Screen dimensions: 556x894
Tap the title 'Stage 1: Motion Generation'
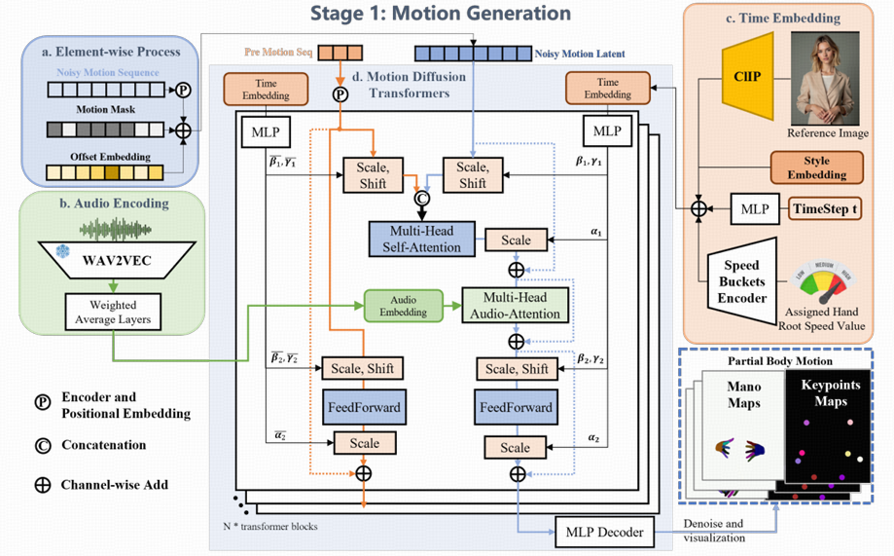point(441,14)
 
